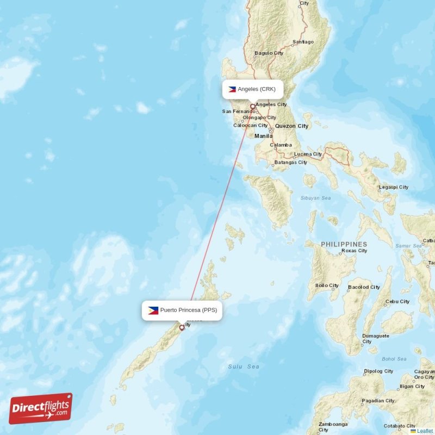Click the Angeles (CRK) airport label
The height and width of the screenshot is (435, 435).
coord(256,89)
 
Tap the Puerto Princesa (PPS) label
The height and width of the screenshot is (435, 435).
coord(188,310)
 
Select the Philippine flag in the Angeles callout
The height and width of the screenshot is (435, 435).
coord(232,89)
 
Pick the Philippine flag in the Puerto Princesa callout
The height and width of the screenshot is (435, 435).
coord(153,310)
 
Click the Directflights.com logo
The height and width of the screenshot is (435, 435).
coord(41,408)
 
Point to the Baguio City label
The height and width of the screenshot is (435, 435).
coord(269,53)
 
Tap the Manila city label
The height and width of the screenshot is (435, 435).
coord(263,136)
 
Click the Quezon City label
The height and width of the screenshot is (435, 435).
coord(291,126)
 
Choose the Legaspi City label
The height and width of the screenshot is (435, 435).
coord(394,187)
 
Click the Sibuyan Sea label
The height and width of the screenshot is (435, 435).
coord(315,198)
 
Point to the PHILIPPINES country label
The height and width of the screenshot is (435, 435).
coord(344,245)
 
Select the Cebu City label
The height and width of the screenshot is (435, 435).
coord(397,301)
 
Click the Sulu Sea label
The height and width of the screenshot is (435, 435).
coord(243,366)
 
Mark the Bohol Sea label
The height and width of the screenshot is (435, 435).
coord(394,359)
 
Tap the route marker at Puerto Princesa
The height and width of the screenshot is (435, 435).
coord(182,327)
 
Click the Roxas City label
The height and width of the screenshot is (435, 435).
coord(353,251)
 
